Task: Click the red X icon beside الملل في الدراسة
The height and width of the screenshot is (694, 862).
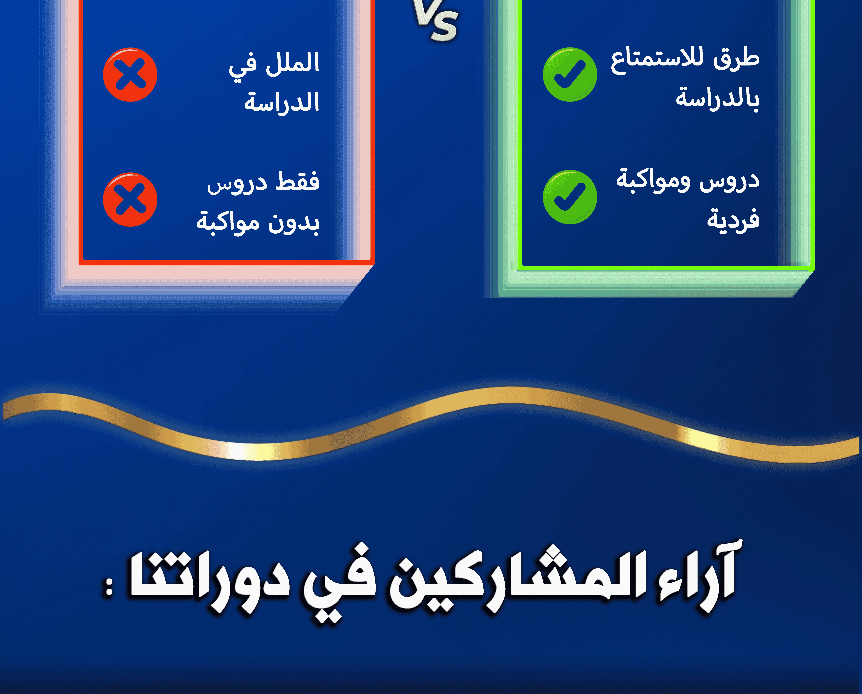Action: [130, 75]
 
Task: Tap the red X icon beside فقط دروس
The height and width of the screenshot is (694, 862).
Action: [130, 199]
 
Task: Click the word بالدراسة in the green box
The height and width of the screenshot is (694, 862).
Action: [718, 98]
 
